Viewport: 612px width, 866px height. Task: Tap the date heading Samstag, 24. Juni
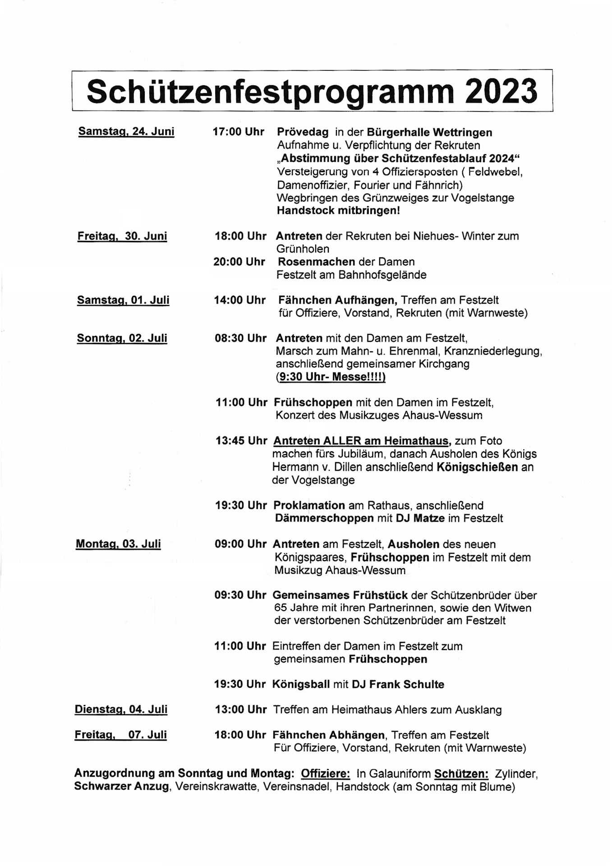pos(126,132)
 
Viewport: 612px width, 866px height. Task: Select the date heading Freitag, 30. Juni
pos(122,236)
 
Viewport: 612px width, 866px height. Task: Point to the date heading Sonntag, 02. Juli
pos(122,338)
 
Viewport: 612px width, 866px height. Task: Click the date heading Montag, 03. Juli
pos(118,544)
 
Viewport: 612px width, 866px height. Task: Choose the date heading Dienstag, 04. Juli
pos(121,709)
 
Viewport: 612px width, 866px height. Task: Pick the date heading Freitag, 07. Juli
pos(120,735)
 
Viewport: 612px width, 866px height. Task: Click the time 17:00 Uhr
pos(238,132)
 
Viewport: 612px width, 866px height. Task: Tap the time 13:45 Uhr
pos(241,441)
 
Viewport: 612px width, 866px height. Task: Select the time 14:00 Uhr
pos(239,300)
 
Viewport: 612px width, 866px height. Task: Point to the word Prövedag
pos(303,132)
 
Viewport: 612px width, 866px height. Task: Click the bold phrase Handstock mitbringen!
pos(338,211)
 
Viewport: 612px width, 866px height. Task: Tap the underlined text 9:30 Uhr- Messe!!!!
pos(331,377)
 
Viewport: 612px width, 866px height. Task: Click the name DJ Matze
pos(420,518)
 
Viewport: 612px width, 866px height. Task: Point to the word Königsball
pos(301,684)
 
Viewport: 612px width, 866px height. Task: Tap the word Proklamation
pos(309,505)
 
